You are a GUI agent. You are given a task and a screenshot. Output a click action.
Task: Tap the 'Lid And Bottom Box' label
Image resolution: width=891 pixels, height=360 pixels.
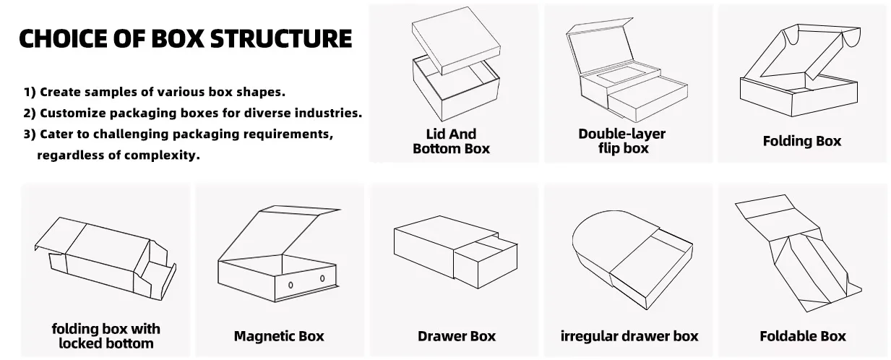click(x=451, y=141)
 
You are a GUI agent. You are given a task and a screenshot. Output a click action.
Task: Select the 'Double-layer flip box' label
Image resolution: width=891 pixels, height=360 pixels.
click(x=621, y=141)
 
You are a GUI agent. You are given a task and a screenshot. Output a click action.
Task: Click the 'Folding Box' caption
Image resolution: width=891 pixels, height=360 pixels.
click(x=801, y=141)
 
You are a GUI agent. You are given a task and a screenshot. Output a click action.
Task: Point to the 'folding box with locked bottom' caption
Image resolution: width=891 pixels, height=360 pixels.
click(x=106, y=336)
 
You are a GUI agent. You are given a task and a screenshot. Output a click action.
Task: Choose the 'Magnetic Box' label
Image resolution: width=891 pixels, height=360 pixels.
click(x=279, y=336)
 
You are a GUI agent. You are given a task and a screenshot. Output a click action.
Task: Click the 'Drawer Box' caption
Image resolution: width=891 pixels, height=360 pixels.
click(x=457, y=336)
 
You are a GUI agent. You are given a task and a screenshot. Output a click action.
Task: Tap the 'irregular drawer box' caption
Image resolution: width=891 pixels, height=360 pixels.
click(x=629, y=336)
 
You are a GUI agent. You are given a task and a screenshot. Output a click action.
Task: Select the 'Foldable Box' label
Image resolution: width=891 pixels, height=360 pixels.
click(x=802, y=336)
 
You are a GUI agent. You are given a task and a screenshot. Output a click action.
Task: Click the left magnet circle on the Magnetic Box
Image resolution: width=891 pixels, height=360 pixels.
click(x=290, y=286)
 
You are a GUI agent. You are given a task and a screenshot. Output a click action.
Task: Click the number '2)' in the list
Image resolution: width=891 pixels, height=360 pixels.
click(x=30, y=113)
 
